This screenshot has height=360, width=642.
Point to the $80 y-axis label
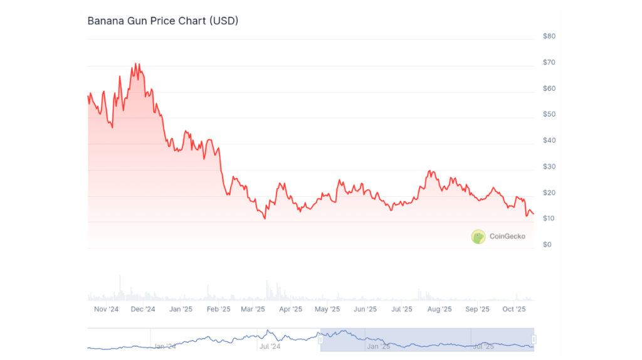pyautogui.click(x=549, y=36)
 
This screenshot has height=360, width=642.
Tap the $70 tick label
pyautogui.click(x=549, y=63)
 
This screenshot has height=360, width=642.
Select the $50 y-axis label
pyautogui.click(x=549, y=114)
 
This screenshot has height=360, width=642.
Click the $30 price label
pyautogui.click(x=549, y=166)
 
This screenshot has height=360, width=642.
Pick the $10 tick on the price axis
pyautogui.click(x=549, y=218)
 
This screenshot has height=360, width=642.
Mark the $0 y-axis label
pyautogui.click(x=547, y=244)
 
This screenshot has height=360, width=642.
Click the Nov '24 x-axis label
pyautogui.click(x=106, y=309)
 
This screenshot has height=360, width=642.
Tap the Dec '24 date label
pyautogui.click(x=143, y=309)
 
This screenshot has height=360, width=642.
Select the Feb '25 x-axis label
pyautogui.click(x=218, y=309)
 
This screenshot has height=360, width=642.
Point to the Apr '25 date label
pyautogui.click(x=291, y=309)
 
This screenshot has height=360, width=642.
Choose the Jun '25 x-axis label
pyautogui.click(x=365, y=309)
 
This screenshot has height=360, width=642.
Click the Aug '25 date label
pyautogui.click(x=439, y=309)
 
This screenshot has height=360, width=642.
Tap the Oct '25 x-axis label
pyautogui.click(x=514, y=309)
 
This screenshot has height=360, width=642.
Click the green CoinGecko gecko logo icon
pyautogui.click(x=478, y=236)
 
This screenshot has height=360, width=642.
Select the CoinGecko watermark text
pyautogui.click(x=508, y=236)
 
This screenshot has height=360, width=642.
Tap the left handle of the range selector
pyautogui.click(x=320, y=339)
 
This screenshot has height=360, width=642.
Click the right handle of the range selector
pyautogui.click(x=534, y=339)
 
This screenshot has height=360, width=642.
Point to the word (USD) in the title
pyautogui.click(x=223, y=21)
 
